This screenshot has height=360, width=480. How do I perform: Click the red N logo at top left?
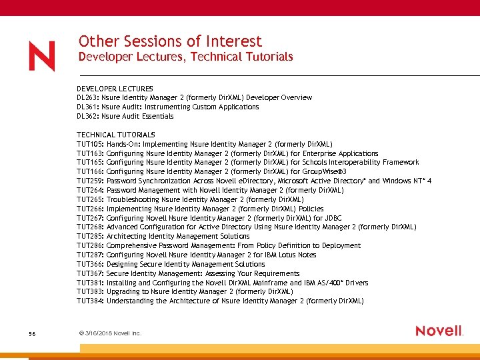point(42,56)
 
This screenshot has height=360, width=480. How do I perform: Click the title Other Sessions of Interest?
point(170,41)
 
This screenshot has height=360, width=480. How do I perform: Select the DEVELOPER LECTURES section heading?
point(115,89)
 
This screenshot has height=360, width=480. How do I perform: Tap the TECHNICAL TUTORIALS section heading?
point(115,135)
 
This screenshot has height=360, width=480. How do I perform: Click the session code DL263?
point(87,98)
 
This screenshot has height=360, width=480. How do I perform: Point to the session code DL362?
point(87,116)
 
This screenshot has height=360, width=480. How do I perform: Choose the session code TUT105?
point(89,144)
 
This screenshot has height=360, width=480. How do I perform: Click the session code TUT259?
point(89,181)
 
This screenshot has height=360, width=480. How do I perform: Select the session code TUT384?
point(89,301)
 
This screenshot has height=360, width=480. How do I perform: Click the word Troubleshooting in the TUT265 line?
point(133,199)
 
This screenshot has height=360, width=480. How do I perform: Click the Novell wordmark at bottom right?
point(439,331)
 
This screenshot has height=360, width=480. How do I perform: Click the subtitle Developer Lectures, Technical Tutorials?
point(185,57)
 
